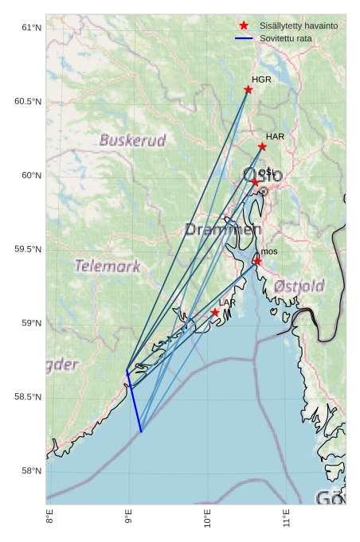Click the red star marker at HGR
(x=248, y=89)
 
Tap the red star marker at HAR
(x=262, y=146)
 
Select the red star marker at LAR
(x=215, y=313)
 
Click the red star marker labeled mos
(x=257, y=261)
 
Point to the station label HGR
(x=261, y=80)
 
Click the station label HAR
(x=275, y=137)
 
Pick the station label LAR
(x=227, y=303)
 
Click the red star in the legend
(x=244, y=25)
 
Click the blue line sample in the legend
(x=244, y=38)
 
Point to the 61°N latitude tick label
(x=30, y=28)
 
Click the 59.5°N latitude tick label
(x=28, y=249)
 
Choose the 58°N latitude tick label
(x=30, y=470)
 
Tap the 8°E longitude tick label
(x=49, y=521)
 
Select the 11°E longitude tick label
(x=286, y=521)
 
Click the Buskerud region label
(x=133, y=141)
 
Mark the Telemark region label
(x=108, y=266)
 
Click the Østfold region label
(x=299, y=286)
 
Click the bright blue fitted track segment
(x=134, y=403)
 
